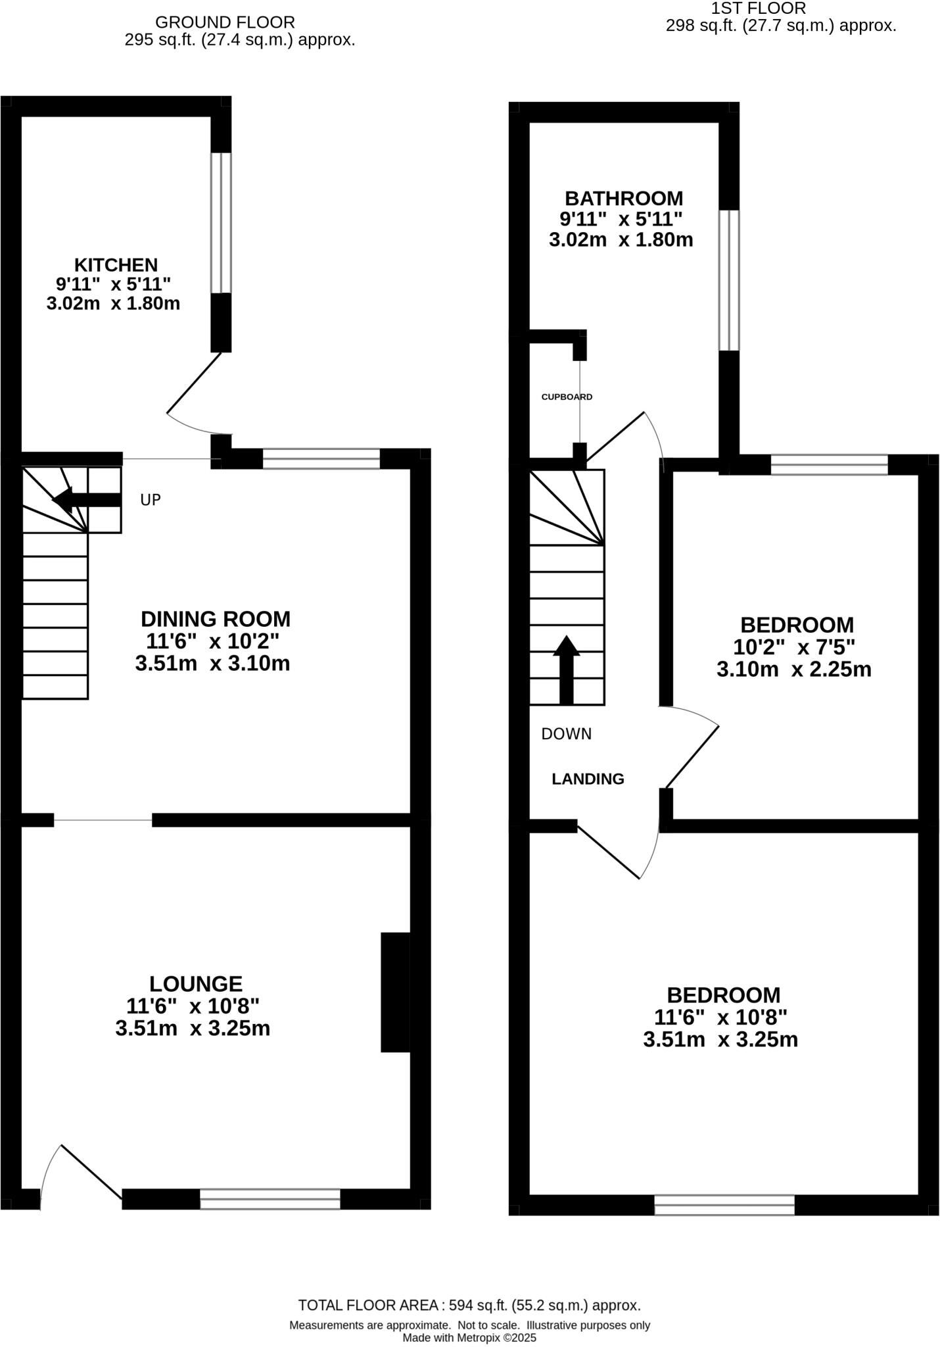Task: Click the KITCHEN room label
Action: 116,265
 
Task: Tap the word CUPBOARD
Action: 567,397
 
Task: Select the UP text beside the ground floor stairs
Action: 151,500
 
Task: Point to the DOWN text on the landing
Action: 566,733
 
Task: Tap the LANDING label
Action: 587,779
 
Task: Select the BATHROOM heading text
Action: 624,198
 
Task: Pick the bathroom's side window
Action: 728,280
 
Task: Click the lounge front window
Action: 270,1198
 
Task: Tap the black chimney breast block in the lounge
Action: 395,992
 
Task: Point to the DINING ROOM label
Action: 215,619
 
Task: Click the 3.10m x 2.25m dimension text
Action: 793,670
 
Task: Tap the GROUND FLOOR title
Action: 225,22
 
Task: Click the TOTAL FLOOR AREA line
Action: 469,1305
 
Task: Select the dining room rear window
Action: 321,458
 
